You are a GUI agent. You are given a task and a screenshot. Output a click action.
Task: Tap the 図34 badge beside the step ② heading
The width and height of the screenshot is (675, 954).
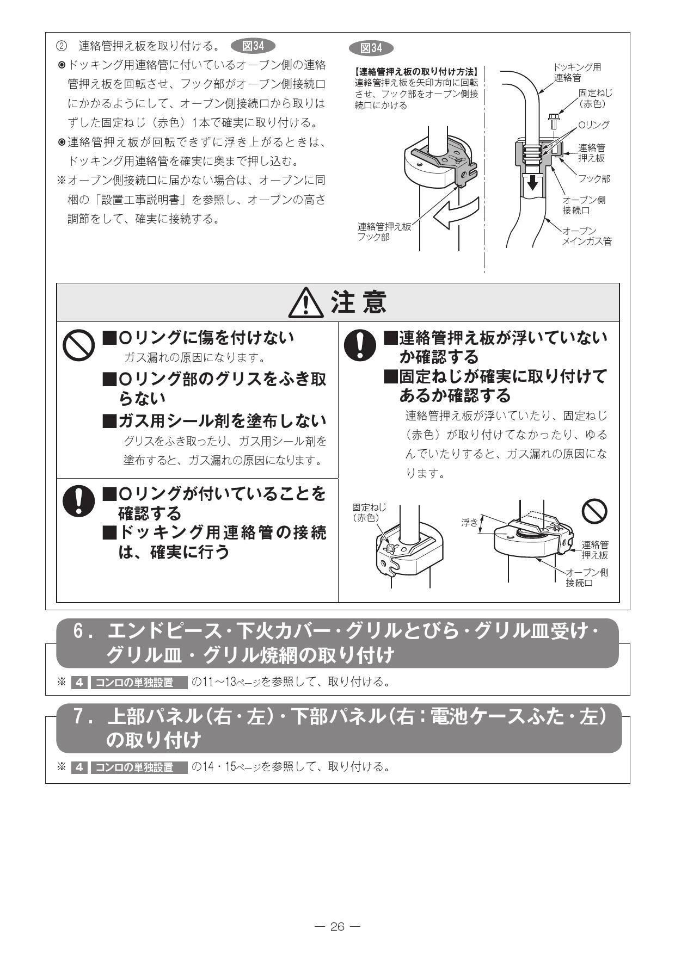(x=253, y=46)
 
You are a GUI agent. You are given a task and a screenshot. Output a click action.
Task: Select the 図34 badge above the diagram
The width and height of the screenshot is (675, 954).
(x=372, y=48)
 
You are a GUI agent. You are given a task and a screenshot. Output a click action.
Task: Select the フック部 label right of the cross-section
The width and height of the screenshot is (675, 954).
(x=594, y=179)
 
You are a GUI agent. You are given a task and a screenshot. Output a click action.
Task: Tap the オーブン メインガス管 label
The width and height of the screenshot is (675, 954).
(x=587, y=236)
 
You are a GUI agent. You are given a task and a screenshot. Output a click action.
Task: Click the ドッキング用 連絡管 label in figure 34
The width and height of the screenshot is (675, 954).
(x=578, y=72)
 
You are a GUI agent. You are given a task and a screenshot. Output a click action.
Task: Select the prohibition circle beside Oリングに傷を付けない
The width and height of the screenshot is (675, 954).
(x=79, y=346)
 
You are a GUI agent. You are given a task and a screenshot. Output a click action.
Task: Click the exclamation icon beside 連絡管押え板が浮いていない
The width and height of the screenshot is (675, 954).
(x=360, y=346)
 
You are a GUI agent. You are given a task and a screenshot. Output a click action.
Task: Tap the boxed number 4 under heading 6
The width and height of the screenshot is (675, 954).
(x=79, y=682)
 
